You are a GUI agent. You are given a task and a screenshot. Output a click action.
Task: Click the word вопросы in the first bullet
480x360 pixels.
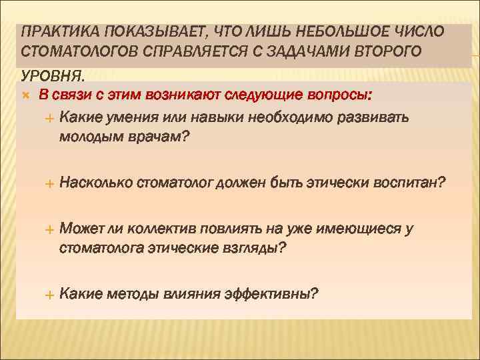[337, 95]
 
